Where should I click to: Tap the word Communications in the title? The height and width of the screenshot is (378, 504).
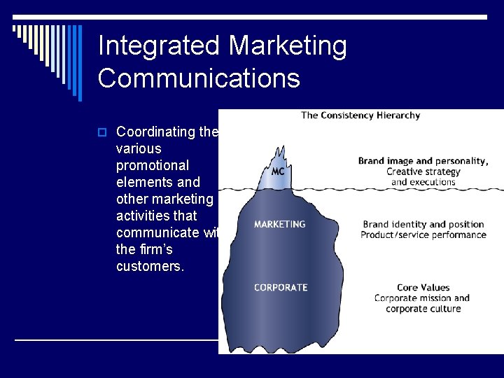coord(199,78)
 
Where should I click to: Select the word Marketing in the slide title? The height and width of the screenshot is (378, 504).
coord(288,46)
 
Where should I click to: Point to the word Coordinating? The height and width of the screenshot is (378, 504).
coord(157,132)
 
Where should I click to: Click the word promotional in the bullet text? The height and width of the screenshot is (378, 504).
coord(153,165)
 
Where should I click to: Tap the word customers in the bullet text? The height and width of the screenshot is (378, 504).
coord(149,266)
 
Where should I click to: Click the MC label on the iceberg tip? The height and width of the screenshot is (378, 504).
coord(277,171)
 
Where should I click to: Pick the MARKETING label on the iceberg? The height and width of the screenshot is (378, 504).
coord(279,224)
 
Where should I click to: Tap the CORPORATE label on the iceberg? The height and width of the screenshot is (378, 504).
coord(280,287)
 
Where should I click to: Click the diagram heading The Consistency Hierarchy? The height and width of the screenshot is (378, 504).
coord(360,115)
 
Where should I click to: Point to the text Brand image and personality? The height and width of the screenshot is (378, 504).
coord(422,161)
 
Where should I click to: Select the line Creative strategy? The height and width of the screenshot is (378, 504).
coord(423,171)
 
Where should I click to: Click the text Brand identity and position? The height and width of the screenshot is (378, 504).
coord(423,224)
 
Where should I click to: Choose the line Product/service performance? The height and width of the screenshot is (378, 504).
coord(423,234)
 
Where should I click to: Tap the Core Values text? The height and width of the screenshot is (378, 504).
coord(423,287)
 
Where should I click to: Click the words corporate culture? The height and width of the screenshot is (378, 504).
coord(423,309)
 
